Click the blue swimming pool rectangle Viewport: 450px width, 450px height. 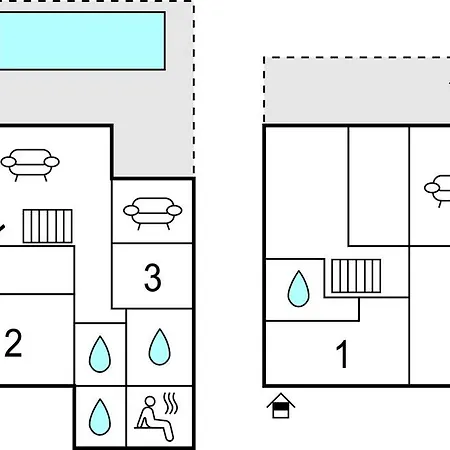[x=82, y=41]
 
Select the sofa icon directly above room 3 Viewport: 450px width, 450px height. [x=153, y=213]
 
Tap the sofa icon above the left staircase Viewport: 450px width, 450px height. [x=30, y=165]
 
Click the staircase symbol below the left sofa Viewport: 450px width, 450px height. [x=47, y=226]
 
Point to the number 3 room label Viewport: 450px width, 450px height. [x=153, y=278]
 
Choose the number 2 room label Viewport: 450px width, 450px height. [x=13, y=343]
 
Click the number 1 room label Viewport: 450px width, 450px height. [x=342, y=354]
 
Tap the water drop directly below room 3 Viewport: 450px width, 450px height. [x=160, y=347]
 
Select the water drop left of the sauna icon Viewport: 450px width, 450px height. [x=100, y=417]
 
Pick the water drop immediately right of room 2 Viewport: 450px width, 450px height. [x=100, y=354]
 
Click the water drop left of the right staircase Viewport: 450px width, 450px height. [x=298, y=289]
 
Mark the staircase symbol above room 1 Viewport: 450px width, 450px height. [x=356, y=276]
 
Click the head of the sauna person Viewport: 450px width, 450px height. [x=150, y=401]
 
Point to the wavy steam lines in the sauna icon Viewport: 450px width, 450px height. [x=170, y=403]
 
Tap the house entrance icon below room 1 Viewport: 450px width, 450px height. [x=281, y=406]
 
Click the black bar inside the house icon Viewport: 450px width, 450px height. [x=280, y=407]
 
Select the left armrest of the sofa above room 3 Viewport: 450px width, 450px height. [x=131, y=210]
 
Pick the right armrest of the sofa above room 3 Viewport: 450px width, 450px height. [x=174, y=210]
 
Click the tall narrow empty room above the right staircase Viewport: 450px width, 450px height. [x=379, y=186]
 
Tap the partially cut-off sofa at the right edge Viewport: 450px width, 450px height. [x=437, y=191]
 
